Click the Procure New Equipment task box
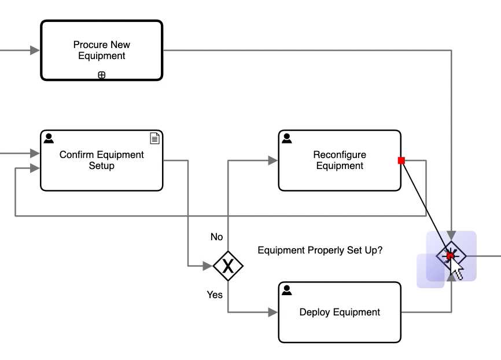coord(101,50)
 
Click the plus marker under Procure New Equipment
coord(101,75)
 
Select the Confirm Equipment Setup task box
coord(101,160)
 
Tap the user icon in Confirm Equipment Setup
coord(49,138)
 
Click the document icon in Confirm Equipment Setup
coord(154,138)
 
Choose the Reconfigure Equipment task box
coord(340,160)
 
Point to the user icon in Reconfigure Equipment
coord(286,138)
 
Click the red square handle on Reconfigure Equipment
coord(401,160)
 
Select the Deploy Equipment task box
coord(340,312)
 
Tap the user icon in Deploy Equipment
coord(286,290)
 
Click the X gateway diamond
coord(228,266)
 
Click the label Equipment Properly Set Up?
coord(320,251)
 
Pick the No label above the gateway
coord(216,237)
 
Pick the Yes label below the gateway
coord(215,295)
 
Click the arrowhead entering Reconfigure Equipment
coord(273,160)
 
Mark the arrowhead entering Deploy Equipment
coord(273,312)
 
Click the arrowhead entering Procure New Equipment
coord(35,50)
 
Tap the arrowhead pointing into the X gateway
coord(208,266)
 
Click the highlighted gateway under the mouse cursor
coord(451,256)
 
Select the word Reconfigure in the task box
coord(340,155)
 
